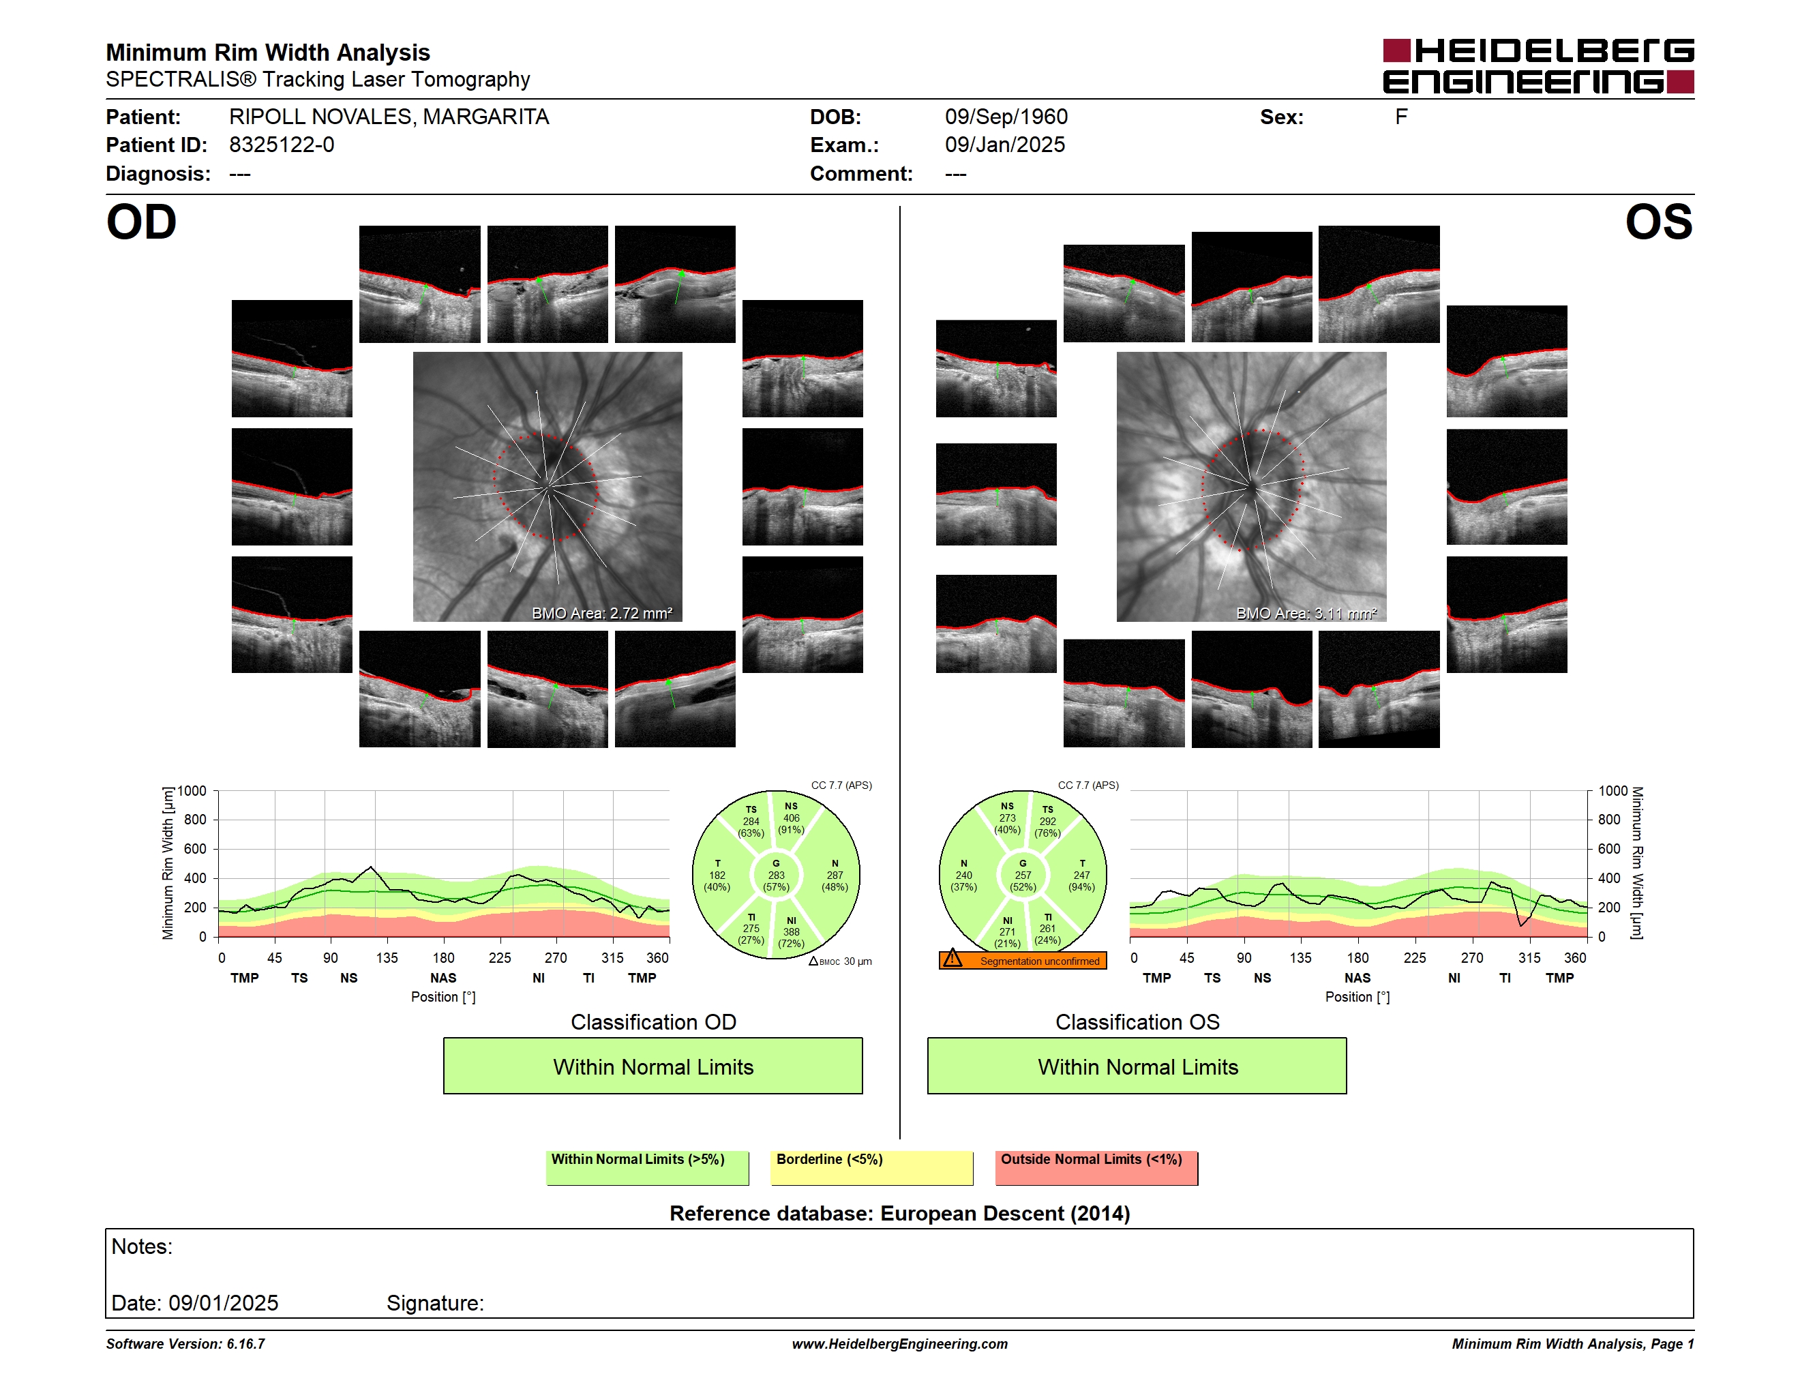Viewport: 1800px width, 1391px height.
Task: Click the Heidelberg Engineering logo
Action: pyautogui.click(x=1538, y=66)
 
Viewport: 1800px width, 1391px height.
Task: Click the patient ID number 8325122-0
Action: pyautogui.click(x=282, y=145)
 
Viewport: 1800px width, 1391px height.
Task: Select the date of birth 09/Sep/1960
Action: pyautogui.click(x=1006, y=117)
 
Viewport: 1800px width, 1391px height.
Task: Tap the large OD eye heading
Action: pyautogui.click(x=142, y=222)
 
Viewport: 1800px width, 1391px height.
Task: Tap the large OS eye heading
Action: pyautogui.click(x=1658, y=222)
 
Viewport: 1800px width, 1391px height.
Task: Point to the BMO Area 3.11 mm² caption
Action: pyautogui.click(x=1306, y=613)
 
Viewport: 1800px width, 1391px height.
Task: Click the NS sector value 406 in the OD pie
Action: pyautogui.click(x=791, y=818)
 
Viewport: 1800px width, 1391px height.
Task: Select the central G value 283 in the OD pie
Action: pyautogui.click(x=777, y=875)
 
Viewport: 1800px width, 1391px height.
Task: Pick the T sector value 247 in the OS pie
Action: pyautogui.click(x=1081, y=875)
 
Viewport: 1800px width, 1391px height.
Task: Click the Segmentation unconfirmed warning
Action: pyautogui.click(x=1023, y=960)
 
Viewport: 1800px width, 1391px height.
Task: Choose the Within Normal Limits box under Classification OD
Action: pyautogui.click(x=652, y=1066)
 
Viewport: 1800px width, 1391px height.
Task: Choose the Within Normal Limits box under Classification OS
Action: pyautogui.click(x=1137, y=1066)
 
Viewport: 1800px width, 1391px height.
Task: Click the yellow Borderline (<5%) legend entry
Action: pyautogui.click(x=871, y=1167)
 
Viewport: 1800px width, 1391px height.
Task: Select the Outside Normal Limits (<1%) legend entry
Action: pyautogui.click(x=1096, y=1167)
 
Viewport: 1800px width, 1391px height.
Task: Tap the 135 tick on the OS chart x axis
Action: pyautogui.click(x=1300, y=957)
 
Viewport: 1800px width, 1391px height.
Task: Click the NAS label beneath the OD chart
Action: pyautogui.click(x=443, y=978)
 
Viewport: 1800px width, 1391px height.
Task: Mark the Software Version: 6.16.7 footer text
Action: pyautogui.click(x=185, y=1344)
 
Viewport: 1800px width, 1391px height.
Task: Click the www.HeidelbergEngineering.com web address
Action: pyautogui.click(x=900, y=1344)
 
